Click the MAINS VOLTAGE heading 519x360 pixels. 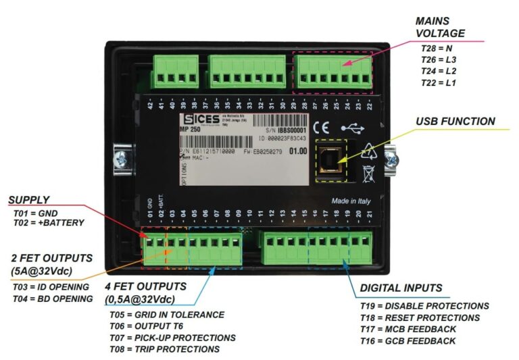coord(440,26)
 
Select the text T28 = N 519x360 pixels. coord(436,49)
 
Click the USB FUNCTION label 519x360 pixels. coord(455,122)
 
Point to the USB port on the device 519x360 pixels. coord(330,161)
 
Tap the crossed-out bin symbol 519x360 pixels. coord(368,173)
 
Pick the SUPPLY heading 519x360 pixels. coord(29,200)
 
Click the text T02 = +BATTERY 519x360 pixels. coord(48,223)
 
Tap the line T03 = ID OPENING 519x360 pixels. coord(51,286)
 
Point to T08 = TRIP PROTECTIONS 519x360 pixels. coord(164,349)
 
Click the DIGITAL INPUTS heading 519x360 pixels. coord(401,288)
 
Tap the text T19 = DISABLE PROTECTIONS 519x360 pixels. coord(424,306)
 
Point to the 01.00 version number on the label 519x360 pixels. coord(297,151)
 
